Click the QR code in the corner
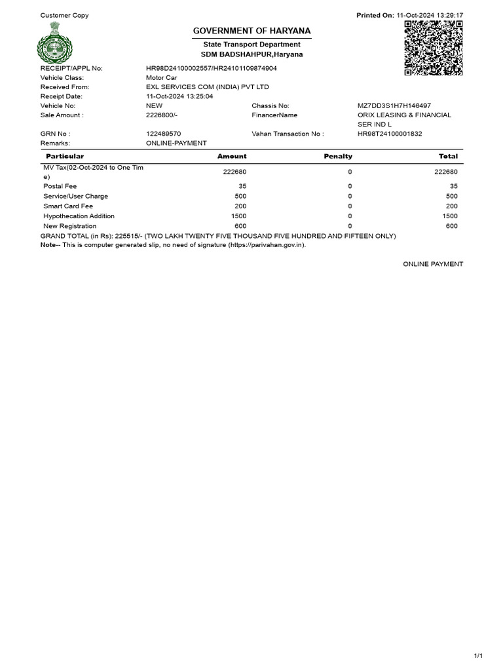pyautogui.click(x=434, y=48)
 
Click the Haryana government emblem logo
pyautogui.click(x=55, y=41)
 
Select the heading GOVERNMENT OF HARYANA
pyautogui.click(x=251, y=31)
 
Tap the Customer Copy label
pyautogui.click(x=64, y=15)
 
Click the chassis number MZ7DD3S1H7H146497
pyautogui.click(x=394, y=105)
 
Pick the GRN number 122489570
pyautogui.click(x=163, y=134)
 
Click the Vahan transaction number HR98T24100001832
pyautogui.click(x=390, y=134)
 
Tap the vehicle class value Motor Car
pyautogui.click(x=161, y=77)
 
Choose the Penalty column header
pyautogui.click(x=338, y=157)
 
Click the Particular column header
pyautogui.click(x=65, y=157)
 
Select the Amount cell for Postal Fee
pyautogui.click(x=242, y=186)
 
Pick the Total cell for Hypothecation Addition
pyautogui.click(x=450, y=216)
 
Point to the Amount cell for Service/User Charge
pyautogui.click(x=240, y=196)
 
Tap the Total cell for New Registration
pyautogui.click(x=451, y=226)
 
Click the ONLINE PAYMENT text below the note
pyautogui.click(x=432, y=264)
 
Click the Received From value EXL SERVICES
pyautogui.click(x=207, y=87)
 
